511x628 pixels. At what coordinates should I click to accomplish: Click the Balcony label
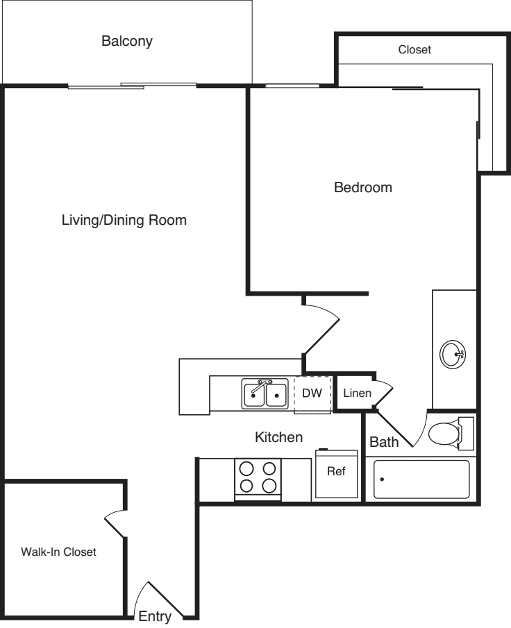[127, 41]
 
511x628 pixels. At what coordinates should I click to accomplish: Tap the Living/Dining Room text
[124, 221]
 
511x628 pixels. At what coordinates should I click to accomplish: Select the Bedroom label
[363, 187]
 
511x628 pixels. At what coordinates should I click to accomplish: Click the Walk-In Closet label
[58, 552]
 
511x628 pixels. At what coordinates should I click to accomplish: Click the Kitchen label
[278, 437]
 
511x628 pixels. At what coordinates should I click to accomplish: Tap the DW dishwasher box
[312, 393]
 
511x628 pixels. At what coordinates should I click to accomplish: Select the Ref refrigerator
[337, 474]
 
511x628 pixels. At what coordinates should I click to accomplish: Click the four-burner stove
[258, 477]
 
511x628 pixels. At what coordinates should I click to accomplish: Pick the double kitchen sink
[265, 394]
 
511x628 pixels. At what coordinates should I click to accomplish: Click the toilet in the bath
[447, 434]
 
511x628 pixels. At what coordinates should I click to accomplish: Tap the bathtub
[421, 479]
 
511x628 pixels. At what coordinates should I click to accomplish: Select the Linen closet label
[357, 393]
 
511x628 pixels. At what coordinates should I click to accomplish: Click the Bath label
[383, 442]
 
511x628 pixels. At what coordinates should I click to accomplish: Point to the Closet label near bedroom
[414, 50]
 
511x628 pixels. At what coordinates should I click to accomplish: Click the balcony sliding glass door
[132, 86]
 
